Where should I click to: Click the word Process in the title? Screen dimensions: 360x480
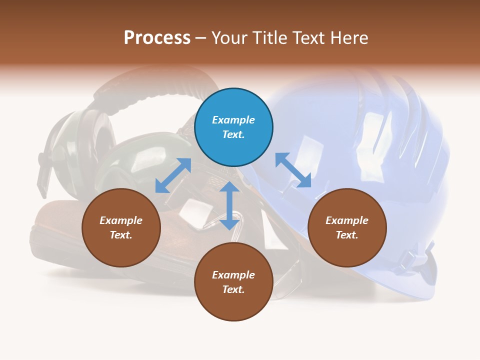(157, 38)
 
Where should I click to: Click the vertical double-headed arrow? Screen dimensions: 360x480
(229, 205)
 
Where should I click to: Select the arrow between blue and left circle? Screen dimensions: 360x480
(173, 175)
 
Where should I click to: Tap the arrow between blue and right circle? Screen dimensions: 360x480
(293, 170)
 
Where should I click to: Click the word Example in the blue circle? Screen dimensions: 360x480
(233, 120)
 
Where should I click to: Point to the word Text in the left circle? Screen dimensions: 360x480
(121, 235)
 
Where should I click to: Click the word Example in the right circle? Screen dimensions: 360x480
(347, 220)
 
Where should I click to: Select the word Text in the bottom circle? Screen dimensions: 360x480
(233, 289)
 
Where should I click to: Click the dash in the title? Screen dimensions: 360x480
(201, 38)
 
